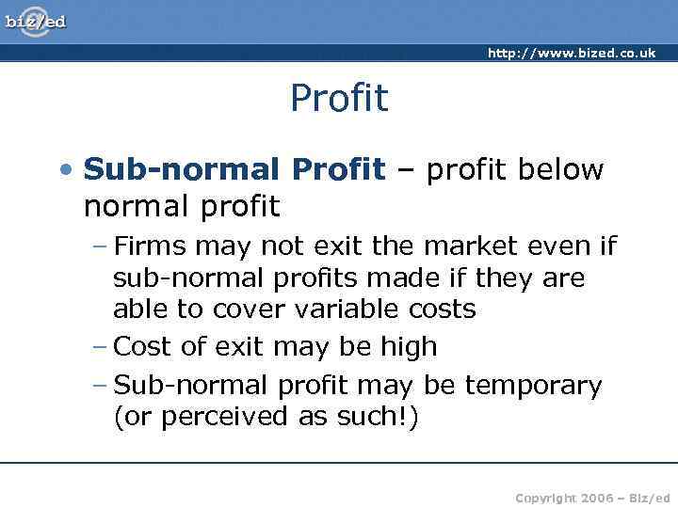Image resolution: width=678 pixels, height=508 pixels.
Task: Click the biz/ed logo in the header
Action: (36, 21)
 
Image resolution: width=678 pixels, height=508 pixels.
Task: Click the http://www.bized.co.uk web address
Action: (571, 53)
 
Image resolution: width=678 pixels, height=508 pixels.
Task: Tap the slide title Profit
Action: (339, 98)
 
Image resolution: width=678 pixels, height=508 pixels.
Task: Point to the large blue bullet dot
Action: (63, 170)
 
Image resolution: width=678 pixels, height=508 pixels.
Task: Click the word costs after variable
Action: (441, 309)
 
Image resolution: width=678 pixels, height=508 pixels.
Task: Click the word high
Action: (408, 346)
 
